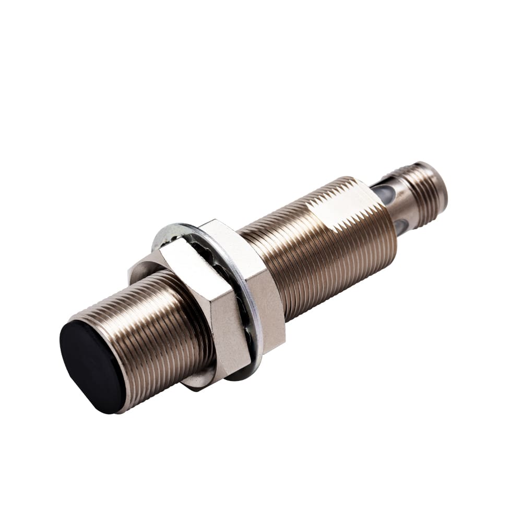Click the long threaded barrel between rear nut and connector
click(324, 245)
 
